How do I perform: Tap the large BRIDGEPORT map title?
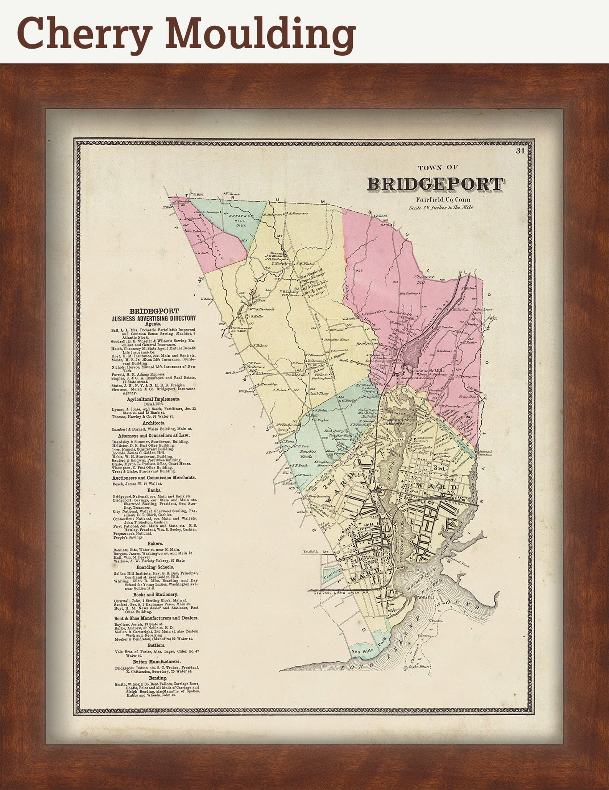tap(435, 184)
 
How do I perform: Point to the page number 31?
tap(520, 151)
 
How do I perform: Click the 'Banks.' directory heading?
tap(154, 490)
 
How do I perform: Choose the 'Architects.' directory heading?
tap(154, 423)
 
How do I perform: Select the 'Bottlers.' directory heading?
tap(154, 646)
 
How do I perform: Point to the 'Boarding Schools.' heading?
tap(154, 567)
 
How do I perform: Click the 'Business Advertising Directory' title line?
tap(154, 318)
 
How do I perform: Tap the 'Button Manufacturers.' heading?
tap(154, 662)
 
